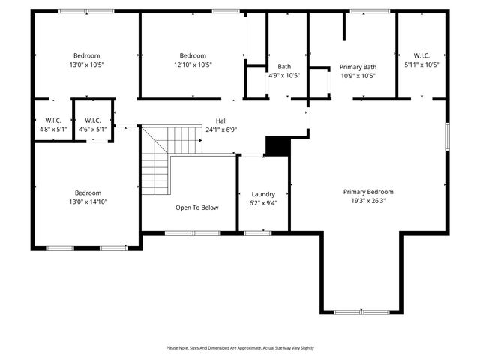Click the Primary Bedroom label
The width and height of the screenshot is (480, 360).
tap(368, 192)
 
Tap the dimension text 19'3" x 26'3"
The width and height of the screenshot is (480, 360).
tap(368, 201)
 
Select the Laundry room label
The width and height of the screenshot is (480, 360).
tap(263, 193)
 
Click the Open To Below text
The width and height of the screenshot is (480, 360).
tap(197, 208)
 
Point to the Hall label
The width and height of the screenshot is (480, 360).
tap(221, 121)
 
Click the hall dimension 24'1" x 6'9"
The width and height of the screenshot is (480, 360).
tap(221, 130)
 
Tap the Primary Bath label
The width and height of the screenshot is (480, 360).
tap(358, 66)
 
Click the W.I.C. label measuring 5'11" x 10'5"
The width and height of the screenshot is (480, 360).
tap(421, 55)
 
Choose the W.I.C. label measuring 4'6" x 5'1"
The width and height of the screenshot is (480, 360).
tap(93, 120)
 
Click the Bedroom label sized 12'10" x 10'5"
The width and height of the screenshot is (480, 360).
tap(193, 55)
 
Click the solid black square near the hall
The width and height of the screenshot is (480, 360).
tap(278, 146)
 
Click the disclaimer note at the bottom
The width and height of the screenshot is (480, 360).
tap(240, 348)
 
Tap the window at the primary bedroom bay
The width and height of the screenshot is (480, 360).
tap(361, 311)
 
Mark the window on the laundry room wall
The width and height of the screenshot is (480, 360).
tap(257, 232)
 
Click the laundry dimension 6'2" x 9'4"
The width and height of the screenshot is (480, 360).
tap(263, 202)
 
